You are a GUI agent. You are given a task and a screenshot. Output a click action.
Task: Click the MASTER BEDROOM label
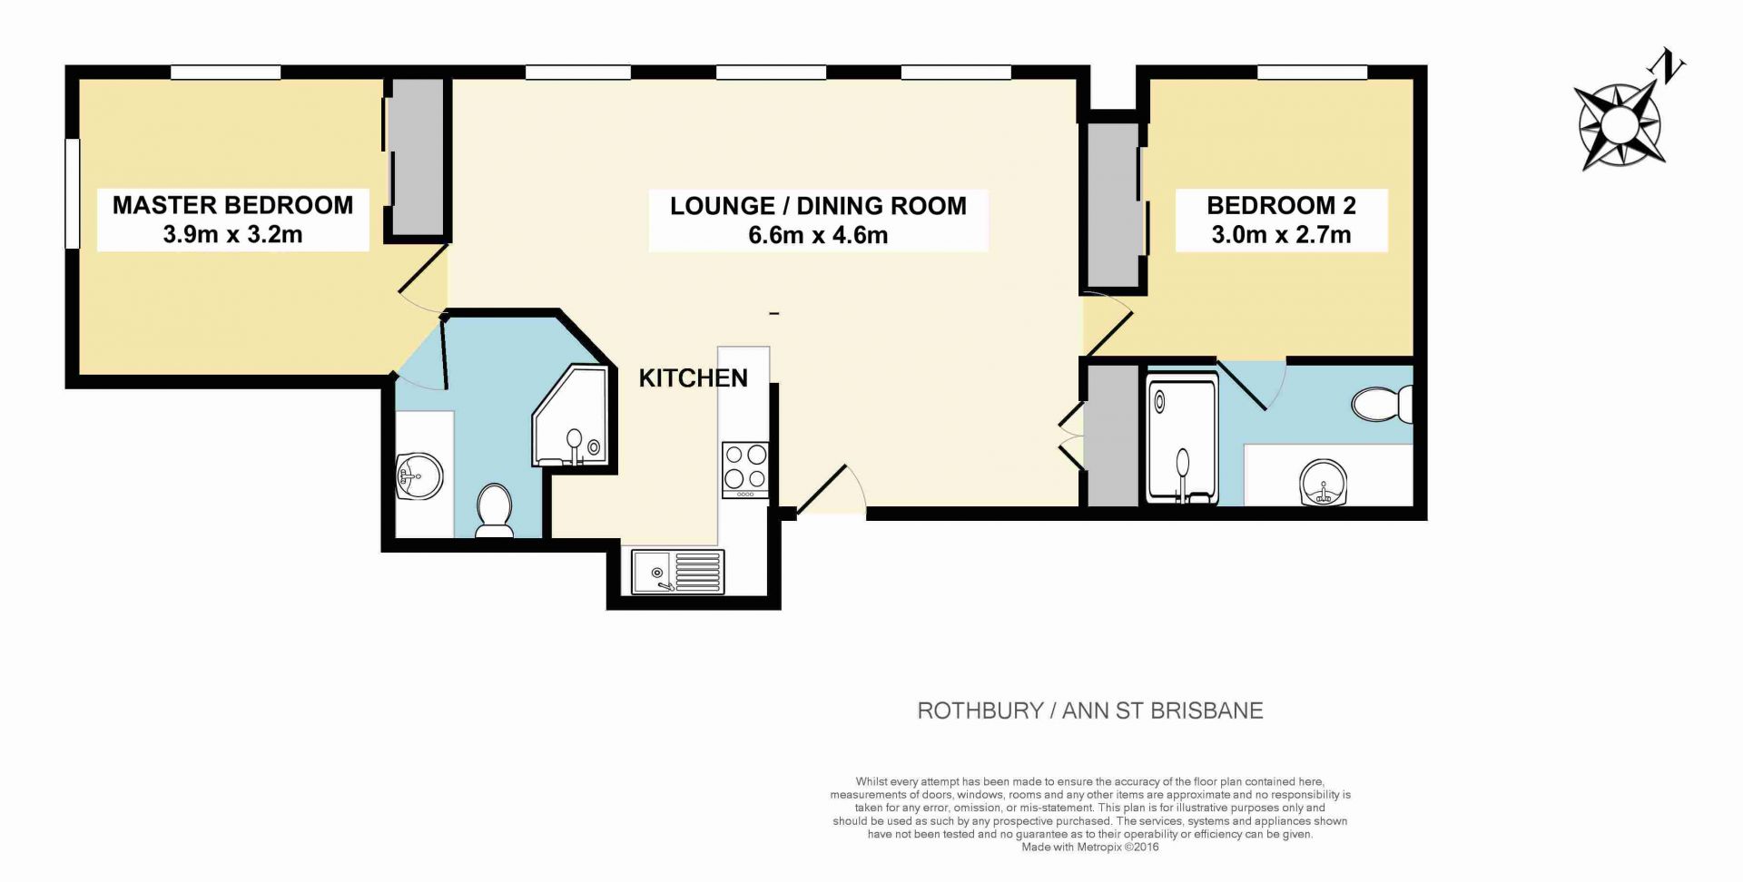click(x=233, y=205)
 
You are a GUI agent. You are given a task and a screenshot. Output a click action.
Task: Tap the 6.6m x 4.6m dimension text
click(x=818, y=235)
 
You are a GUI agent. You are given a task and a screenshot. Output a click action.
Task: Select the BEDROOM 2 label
click(x=1281, y=205)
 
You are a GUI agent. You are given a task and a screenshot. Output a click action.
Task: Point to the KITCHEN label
click(x=694, y=378)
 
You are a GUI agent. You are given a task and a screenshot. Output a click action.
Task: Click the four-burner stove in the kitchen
click(x=745, y=469)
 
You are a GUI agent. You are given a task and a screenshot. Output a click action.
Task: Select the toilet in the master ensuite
click(x=495, y=510)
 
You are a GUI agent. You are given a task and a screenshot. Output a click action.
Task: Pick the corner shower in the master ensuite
click(x=570, y=416)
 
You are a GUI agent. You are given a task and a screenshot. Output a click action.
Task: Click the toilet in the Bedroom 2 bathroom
click(x=1382, y=405)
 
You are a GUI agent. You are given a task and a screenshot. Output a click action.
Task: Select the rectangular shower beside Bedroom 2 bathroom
click(x=1182, y=438)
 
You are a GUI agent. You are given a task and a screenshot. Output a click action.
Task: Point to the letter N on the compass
click(x=1667, y=65)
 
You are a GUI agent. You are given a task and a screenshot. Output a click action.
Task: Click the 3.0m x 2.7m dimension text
click(x=1281, y=235)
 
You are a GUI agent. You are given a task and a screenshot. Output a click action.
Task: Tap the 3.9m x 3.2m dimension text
click(x=232, y=234)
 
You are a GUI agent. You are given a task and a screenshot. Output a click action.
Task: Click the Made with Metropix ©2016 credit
click(x=1090, y=848)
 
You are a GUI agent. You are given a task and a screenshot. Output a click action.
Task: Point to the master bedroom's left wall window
click(x=73, y=192)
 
